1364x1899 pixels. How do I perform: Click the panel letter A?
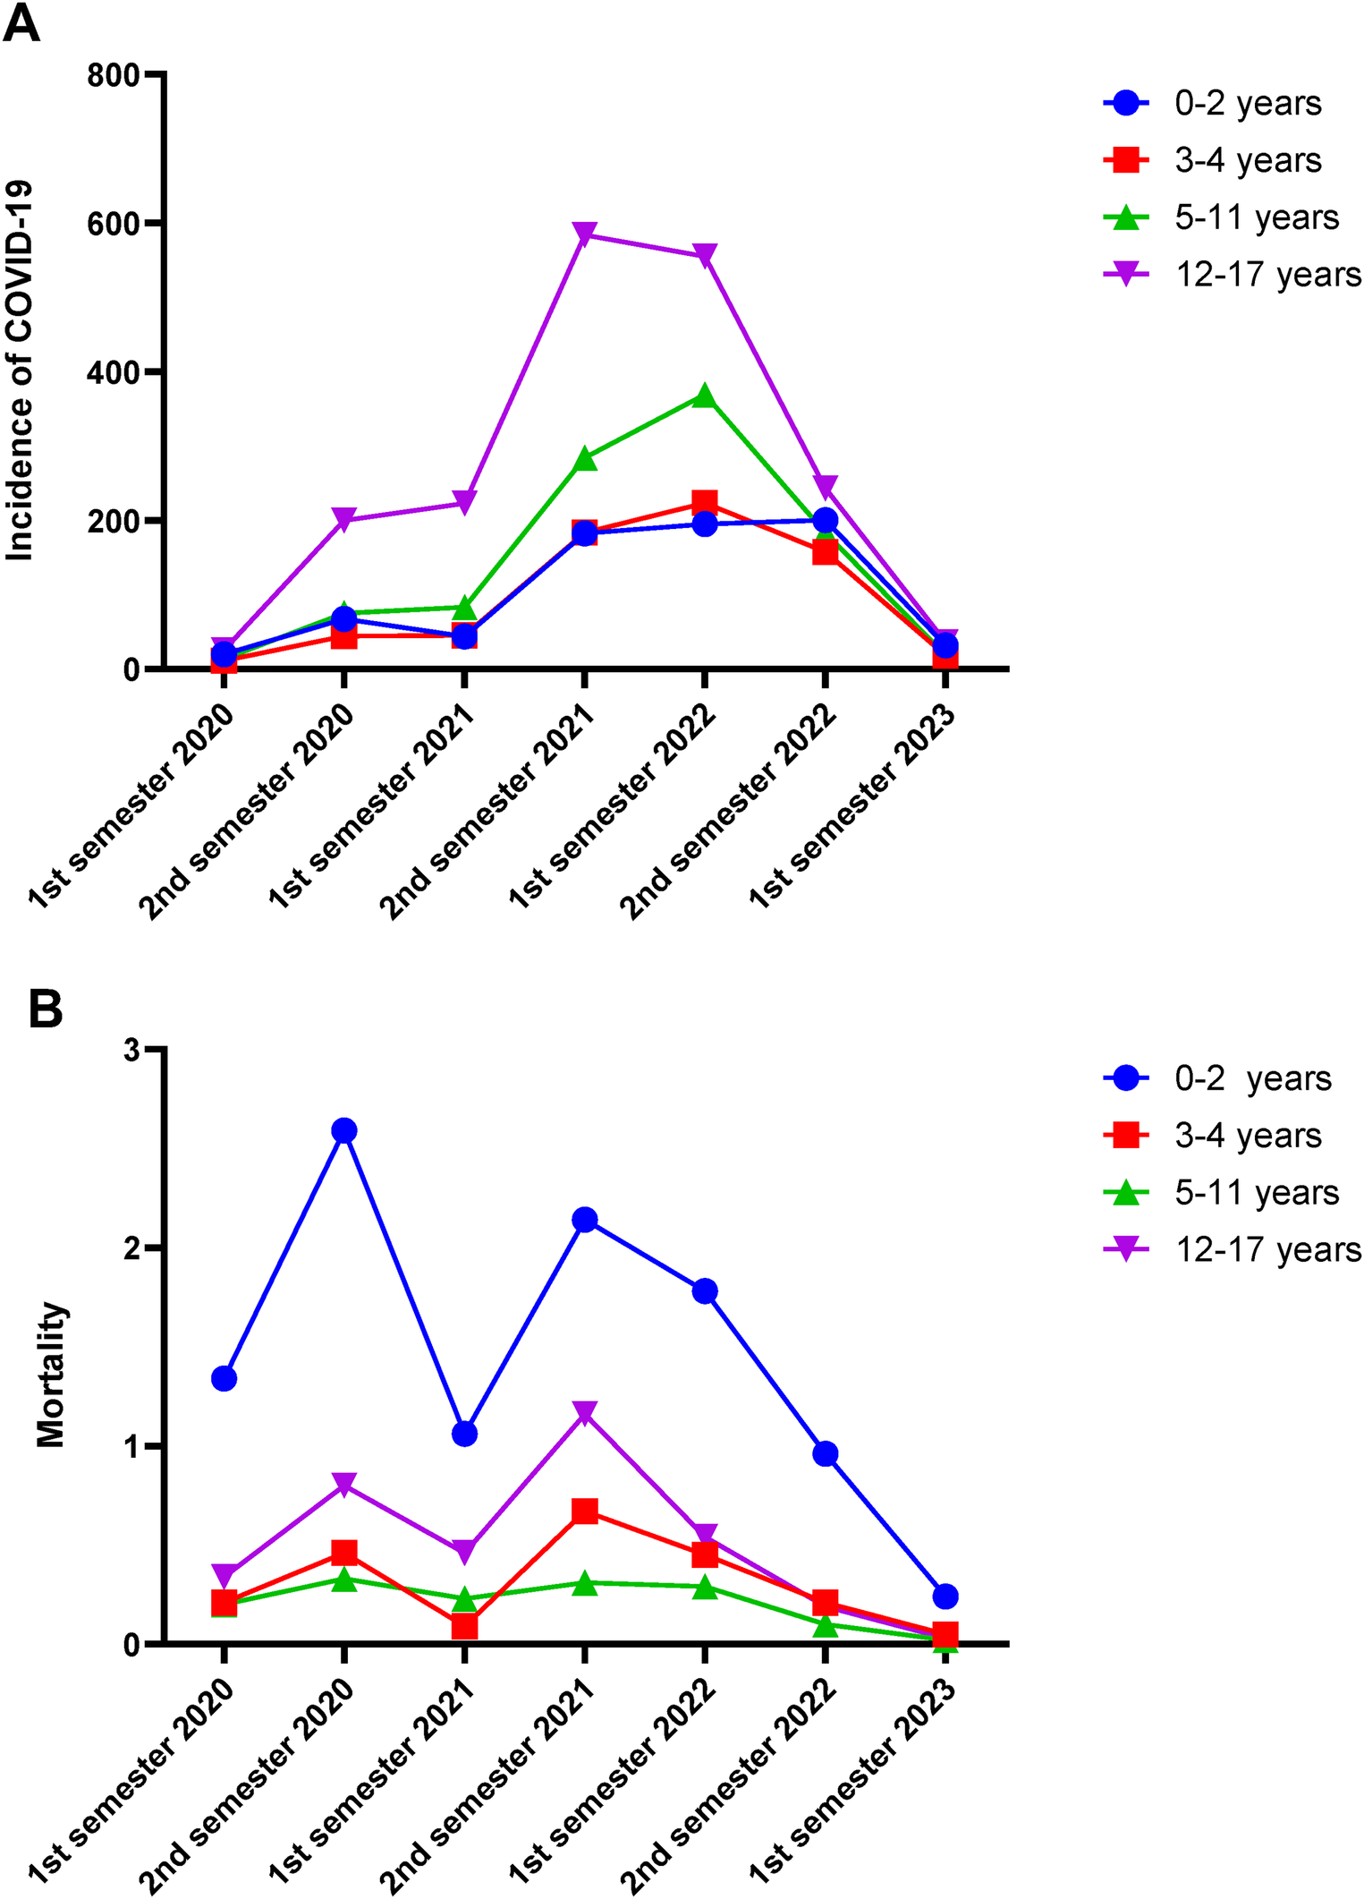[x=21, y=24]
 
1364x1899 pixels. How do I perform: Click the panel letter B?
[x=46, y=1009]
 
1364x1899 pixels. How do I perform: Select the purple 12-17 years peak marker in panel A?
[x=584, y=234]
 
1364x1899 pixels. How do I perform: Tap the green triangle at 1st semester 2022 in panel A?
[x=705, y=396]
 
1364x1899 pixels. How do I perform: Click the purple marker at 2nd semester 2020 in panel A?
[x=344, y=519]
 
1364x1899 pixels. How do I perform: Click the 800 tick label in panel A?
[x=114, y=75]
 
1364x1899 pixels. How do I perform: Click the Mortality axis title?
[x=52, y=1375]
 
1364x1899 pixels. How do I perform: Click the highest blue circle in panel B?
[x=344, y=1130]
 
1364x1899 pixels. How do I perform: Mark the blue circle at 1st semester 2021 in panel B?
[x=464, y=1434]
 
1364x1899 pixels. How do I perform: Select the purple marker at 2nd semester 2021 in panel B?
[x=584, y=1413]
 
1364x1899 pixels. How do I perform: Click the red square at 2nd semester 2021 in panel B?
[x=584, y=1512]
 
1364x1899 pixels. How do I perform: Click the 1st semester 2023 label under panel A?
[x=851, y=805]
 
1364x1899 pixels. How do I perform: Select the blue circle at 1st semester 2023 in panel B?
[x=945, y=1596]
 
